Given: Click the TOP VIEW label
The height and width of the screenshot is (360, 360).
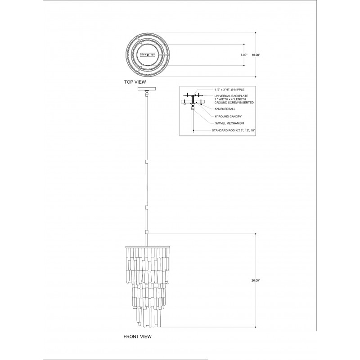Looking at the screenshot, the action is point(135,82).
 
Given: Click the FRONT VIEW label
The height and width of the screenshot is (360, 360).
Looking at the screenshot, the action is point(137,337).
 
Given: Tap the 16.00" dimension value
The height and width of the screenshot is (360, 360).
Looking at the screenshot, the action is point(256,55).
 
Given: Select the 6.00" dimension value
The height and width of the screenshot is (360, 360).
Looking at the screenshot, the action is point(244,55).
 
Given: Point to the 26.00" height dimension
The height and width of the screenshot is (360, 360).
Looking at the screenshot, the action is point(256,280).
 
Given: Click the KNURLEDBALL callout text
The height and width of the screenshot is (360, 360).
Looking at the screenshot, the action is point(225,109).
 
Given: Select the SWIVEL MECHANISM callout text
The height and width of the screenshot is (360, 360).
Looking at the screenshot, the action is point(229,123).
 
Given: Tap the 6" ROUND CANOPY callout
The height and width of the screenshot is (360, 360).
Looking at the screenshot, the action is point(228,117).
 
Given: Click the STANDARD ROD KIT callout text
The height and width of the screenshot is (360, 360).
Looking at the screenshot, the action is point(233,130).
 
